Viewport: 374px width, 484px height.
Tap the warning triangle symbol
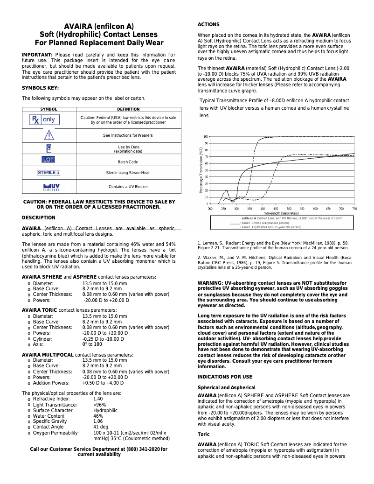tap(49, 135)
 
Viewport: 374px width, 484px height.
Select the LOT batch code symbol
tap(48, 159)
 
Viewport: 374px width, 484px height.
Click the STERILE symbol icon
tap(49, 173)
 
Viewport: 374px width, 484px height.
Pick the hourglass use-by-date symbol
tap(49, 148)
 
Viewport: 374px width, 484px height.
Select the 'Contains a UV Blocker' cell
tap(128, 187)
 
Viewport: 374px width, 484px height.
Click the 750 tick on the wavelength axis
tap(354, 209)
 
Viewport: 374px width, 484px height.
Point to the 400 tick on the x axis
tap(263, 209)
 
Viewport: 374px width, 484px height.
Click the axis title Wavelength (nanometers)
tap(281, 213)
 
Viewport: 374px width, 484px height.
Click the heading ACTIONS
tap(208, 24)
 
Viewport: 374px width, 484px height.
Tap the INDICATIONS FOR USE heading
tap(225, 377)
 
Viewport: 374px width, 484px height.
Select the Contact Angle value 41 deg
tap(101, 427)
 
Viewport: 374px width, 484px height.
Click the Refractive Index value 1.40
tap(98, 399)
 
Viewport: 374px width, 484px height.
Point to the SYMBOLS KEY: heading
tap(41, 88)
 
